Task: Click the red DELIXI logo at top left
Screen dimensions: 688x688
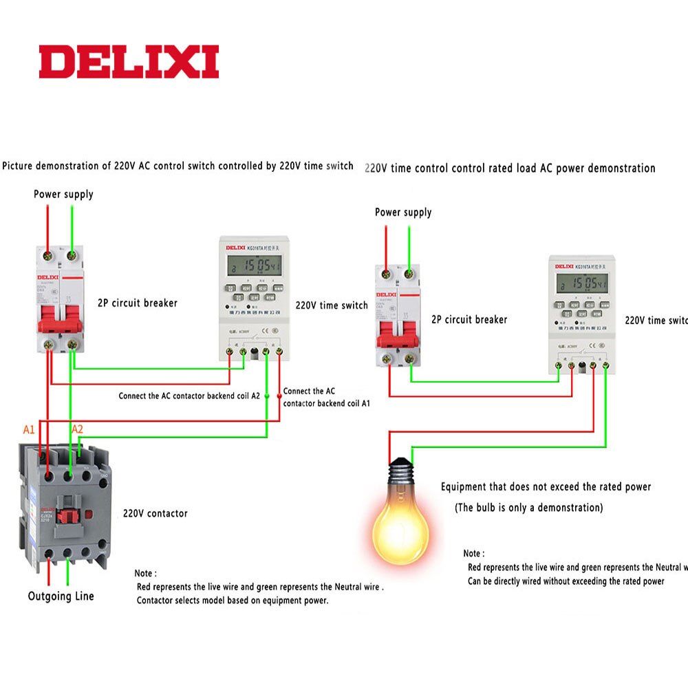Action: pos(129,62)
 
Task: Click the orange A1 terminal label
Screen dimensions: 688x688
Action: pos(29,429)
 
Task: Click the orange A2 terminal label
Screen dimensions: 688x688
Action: pos(78,429)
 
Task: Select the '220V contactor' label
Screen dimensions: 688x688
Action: pos(155,513)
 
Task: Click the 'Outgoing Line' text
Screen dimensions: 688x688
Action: pos(61,596)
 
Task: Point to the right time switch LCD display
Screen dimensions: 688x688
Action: pos(582,283)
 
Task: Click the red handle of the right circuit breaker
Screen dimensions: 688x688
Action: pos(398,335)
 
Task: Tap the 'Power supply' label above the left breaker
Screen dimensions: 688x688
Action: pos(63,195)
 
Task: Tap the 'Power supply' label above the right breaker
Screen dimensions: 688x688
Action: pos(403,213)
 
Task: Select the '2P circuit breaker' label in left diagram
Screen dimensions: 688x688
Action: pos(137,303)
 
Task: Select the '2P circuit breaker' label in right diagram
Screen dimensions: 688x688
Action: pos(469,319)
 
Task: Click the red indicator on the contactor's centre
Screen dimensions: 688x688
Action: pos(67,514)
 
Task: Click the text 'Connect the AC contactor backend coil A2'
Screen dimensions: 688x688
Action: pos(189,396)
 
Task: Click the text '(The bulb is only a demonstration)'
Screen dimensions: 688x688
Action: pos(528,508)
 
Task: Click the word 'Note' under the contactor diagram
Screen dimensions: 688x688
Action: pos(145,573)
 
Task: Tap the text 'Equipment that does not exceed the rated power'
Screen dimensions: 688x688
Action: pos(546,487)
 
